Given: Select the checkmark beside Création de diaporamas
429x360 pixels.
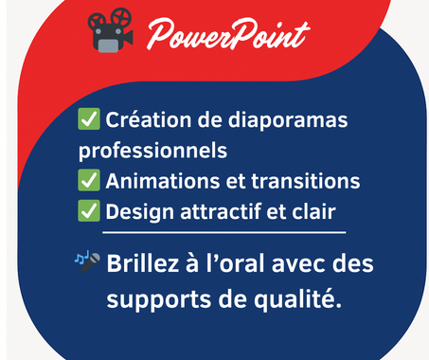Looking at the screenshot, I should click(x=90, y=120).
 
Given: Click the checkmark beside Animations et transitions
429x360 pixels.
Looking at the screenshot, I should click(x=90, y=181).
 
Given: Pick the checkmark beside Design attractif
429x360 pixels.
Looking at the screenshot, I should click(x=90, y=211).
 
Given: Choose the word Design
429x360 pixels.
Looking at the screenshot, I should click(x=134, y=211).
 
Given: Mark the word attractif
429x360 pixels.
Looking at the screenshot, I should click(x=212, y=211).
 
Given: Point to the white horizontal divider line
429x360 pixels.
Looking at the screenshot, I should click(x=223, y=231).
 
